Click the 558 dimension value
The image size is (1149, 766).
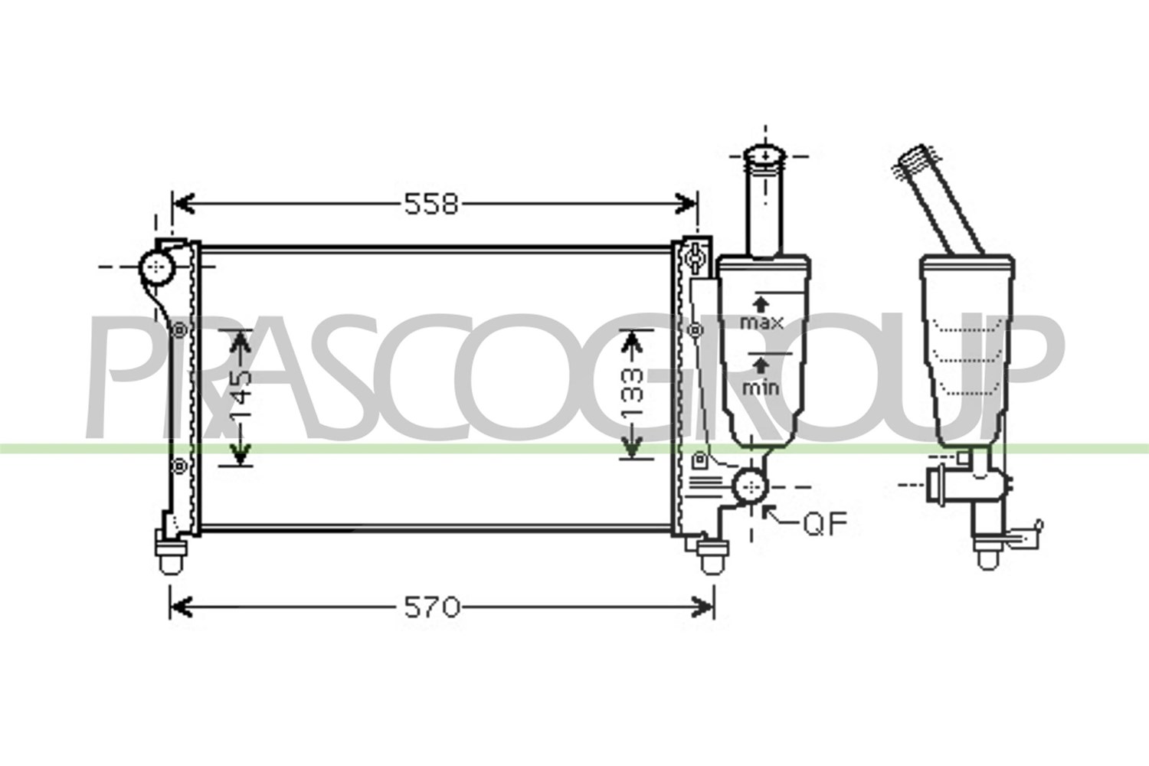[x=430, y=205]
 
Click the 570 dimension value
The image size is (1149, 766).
[x=432, y=608]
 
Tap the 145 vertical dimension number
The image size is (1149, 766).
[x=241, y=396]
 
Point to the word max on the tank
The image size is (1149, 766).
[x=761, y=322]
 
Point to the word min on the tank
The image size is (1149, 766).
[x=761, y=388]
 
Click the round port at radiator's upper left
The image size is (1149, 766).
[x=157, y=267]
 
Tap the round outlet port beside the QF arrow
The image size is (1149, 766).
[x=751, y=486]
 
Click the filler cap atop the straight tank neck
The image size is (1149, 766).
[x=764, y=156]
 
